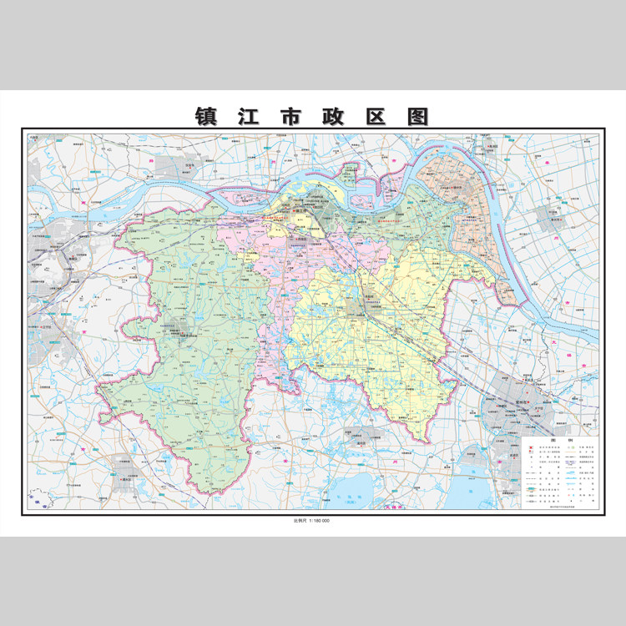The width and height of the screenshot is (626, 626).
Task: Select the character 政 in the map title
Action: coord(312,115)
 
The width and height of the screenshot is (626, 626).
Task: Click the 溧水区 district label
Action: coord(125,481)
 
